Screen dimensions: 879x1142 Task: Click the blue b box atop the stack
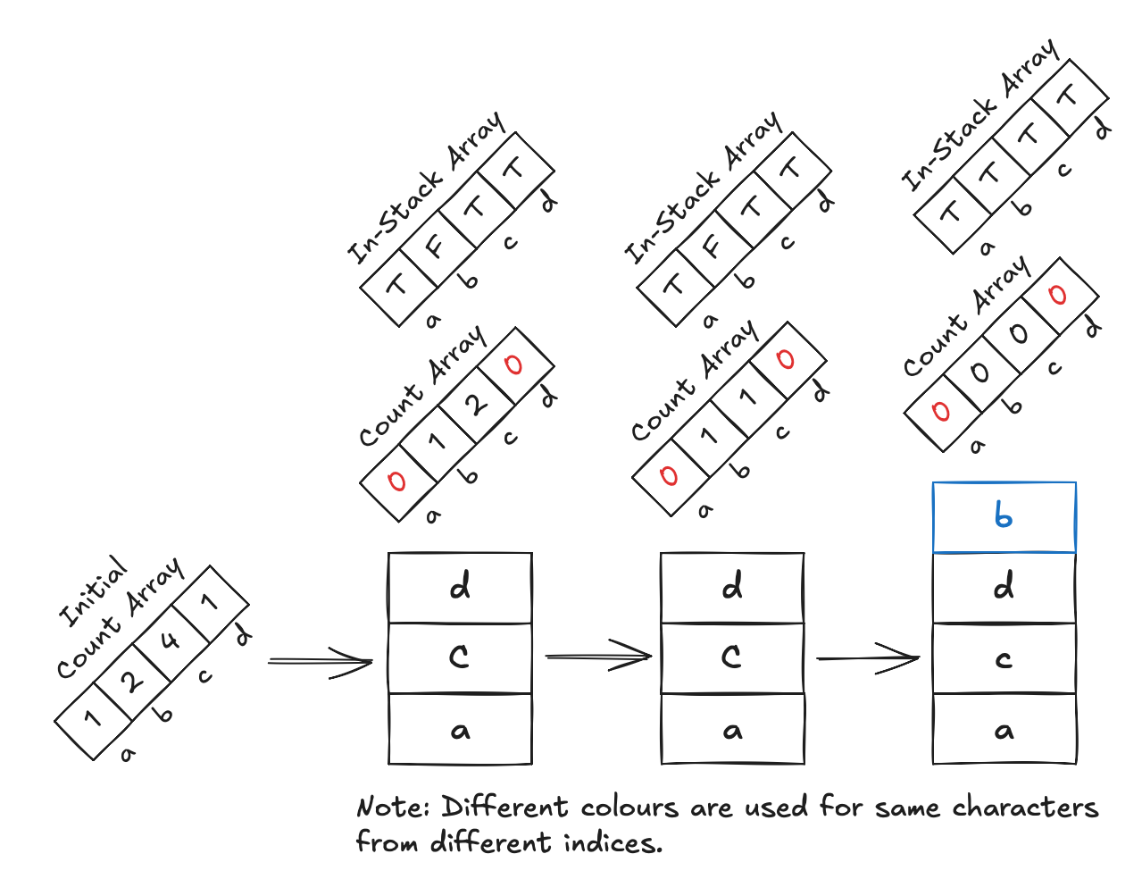pos(1004,517)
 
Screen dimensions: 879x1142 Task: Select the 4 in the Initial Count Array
pos(170,640)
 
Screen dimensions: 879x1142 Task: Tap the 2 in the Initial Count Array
pos(132,681)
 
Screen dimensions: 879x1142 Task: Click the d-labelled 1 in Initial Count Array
pos(209,603)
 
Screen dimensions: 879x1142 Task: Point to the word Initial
pos(94,591)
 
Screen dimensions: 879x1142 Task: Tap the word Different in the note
pos(505,808)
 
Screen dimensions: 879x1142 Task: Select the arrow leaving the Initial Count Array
pos(320,662)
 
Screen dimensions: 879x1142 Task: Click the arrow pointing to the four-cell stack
pos(868,659)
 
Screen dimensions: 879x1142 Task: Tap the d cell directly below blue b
pos(1004,587)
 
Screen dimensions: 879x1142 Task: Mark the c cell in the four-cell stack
pos(1004,659)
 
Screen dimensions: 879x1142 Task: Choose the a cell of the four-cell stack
pos(1004,731)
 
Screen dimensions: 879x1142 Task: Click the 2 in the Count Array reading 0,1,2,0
pos(476,404)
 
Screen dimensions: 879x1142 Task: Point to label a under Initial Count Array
pos(128,755)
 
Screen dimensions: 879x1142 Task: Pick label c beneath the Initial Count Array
pos(205,676)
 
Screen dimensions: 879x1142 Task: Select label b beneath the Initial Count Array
pos(164,715)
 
